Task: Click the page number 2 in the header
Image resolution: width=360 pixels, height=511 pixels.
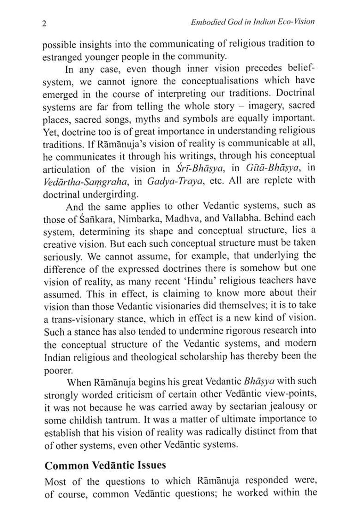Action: tap(43, 24)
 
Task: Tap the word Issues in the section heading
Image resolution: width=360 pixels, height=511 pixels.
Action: tap(147, 466)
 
